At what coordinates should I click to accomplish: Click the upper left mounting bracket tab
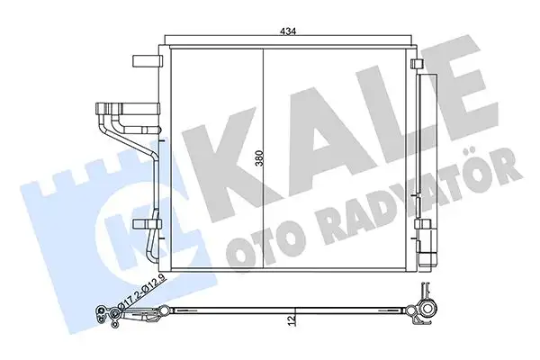coord(144,61)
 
